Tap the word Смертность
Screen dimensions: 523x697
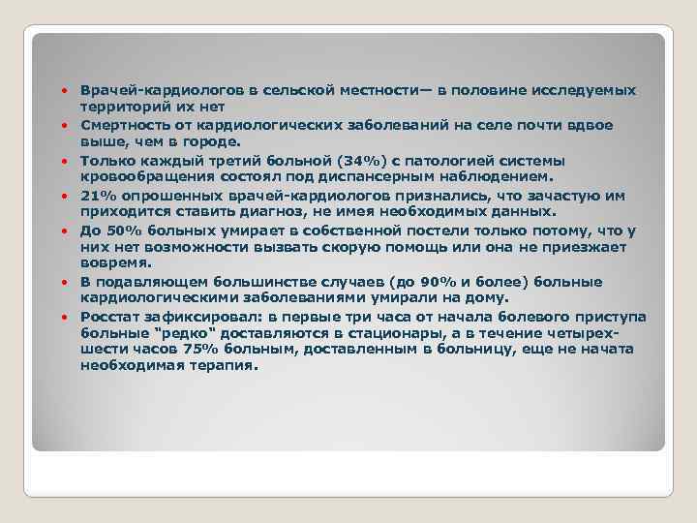(x=126, y=125)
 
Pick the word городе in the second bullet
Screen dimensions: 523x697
(x=206, y=142)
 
